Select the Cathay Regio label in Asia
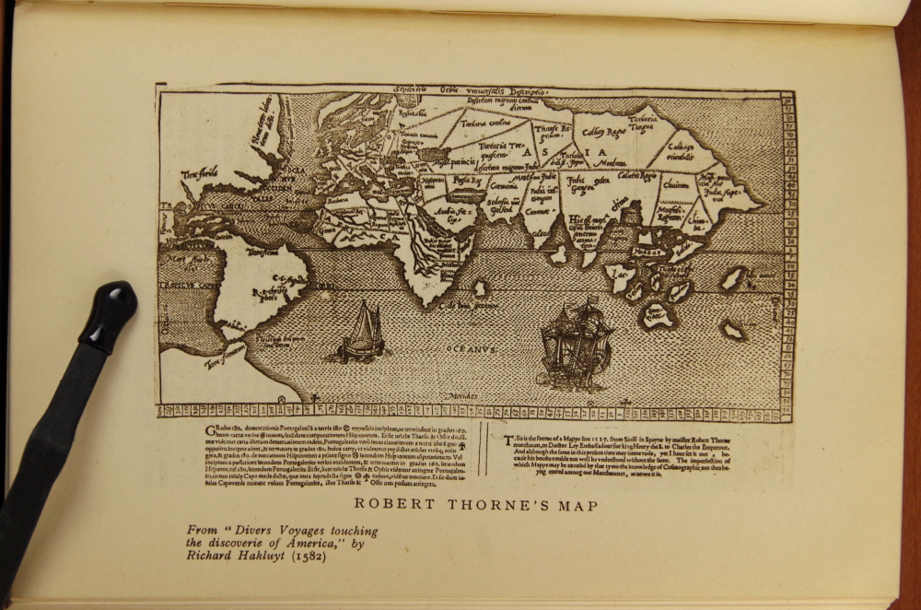click(604, 133)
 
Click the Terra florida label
click(202, 172)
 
